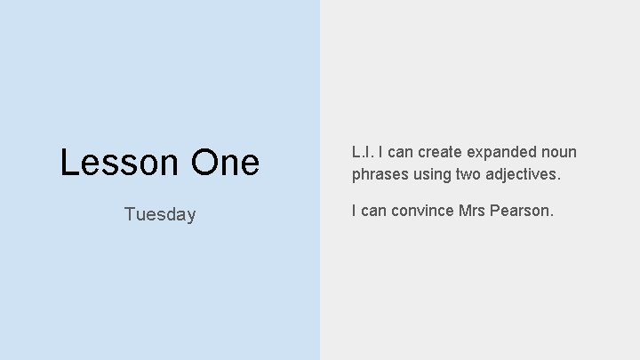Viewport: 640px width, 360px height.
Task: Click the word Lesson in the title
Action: (119, 163)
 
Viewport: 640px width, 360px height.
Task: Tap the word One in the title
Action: (224, 163)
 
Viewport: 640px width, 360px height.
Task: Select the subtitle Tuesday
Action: (160, 214)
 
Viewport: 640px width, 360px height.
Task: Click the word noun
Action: (558, 152)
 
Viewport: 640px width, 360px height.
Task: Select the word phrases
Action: (380, 175)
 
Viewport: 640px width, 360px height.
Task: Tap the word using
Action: (432, 175)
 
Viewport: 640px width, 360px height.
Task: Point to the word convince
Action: (423, 211)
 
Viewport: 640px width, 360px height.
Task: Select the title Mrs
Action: (475, 211)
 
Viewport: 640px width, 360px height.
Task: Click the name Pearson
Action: (524, 211)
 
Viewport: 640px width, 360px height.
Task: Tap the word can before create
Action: (398, 152)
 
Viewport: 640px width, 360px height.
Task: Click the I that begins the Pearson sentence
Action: (354, 211)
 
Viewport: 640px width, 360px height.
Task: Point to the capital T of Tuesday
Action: (130, 214)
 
